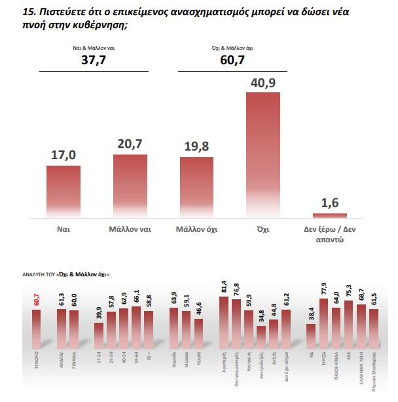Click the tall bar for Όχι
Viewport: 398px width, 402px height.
[x=262, y=155]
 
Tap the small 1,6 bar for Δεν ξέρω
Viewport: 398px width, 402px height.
[x=329, y=215]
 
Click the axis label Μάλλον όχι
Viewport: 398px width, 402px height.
[x=196, y=230]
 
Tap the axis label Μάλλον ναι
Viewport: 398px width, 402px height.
[x=130, y=230]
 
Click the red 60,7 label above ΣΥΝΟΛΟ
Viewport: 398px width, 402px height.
[x=36, y=300]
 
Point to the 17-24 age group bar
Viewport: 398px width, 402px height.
[x=99, y=336]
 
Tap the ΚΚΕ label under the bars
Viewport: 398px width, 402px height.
[x=349, y=358]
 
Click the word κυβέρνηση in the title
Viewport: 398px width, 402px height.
[x=92, y=24]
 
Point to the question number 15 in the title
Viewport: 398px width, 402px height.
[x=28, y=11]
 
